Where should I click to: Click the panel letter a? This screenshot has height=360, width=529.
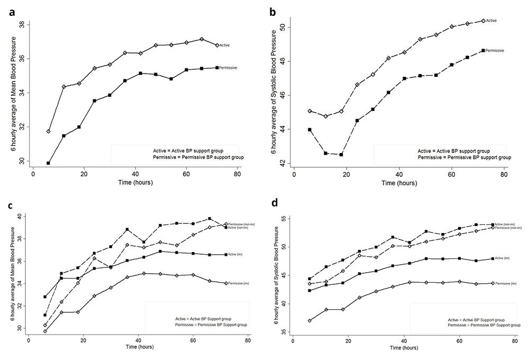coord(12,13)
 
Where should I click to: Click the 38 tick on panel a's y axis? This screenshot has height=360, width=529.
coord(21,24)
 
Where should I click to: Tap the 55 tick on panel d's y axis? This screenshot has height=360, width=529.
coord(282,218)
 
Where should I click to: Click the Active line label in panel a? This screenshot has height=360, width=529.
coord(238,45)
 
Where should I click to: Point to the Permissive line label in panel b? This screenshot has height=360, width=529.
coord(495,50)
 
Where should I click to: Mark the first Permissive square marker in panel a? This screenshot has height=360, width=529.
coord(49,163)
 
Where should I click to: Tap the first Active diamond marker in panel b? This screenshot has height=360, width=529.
coord(310,111)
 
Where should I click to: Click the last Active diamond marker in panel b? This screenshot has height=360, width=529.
coord(483,21)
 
